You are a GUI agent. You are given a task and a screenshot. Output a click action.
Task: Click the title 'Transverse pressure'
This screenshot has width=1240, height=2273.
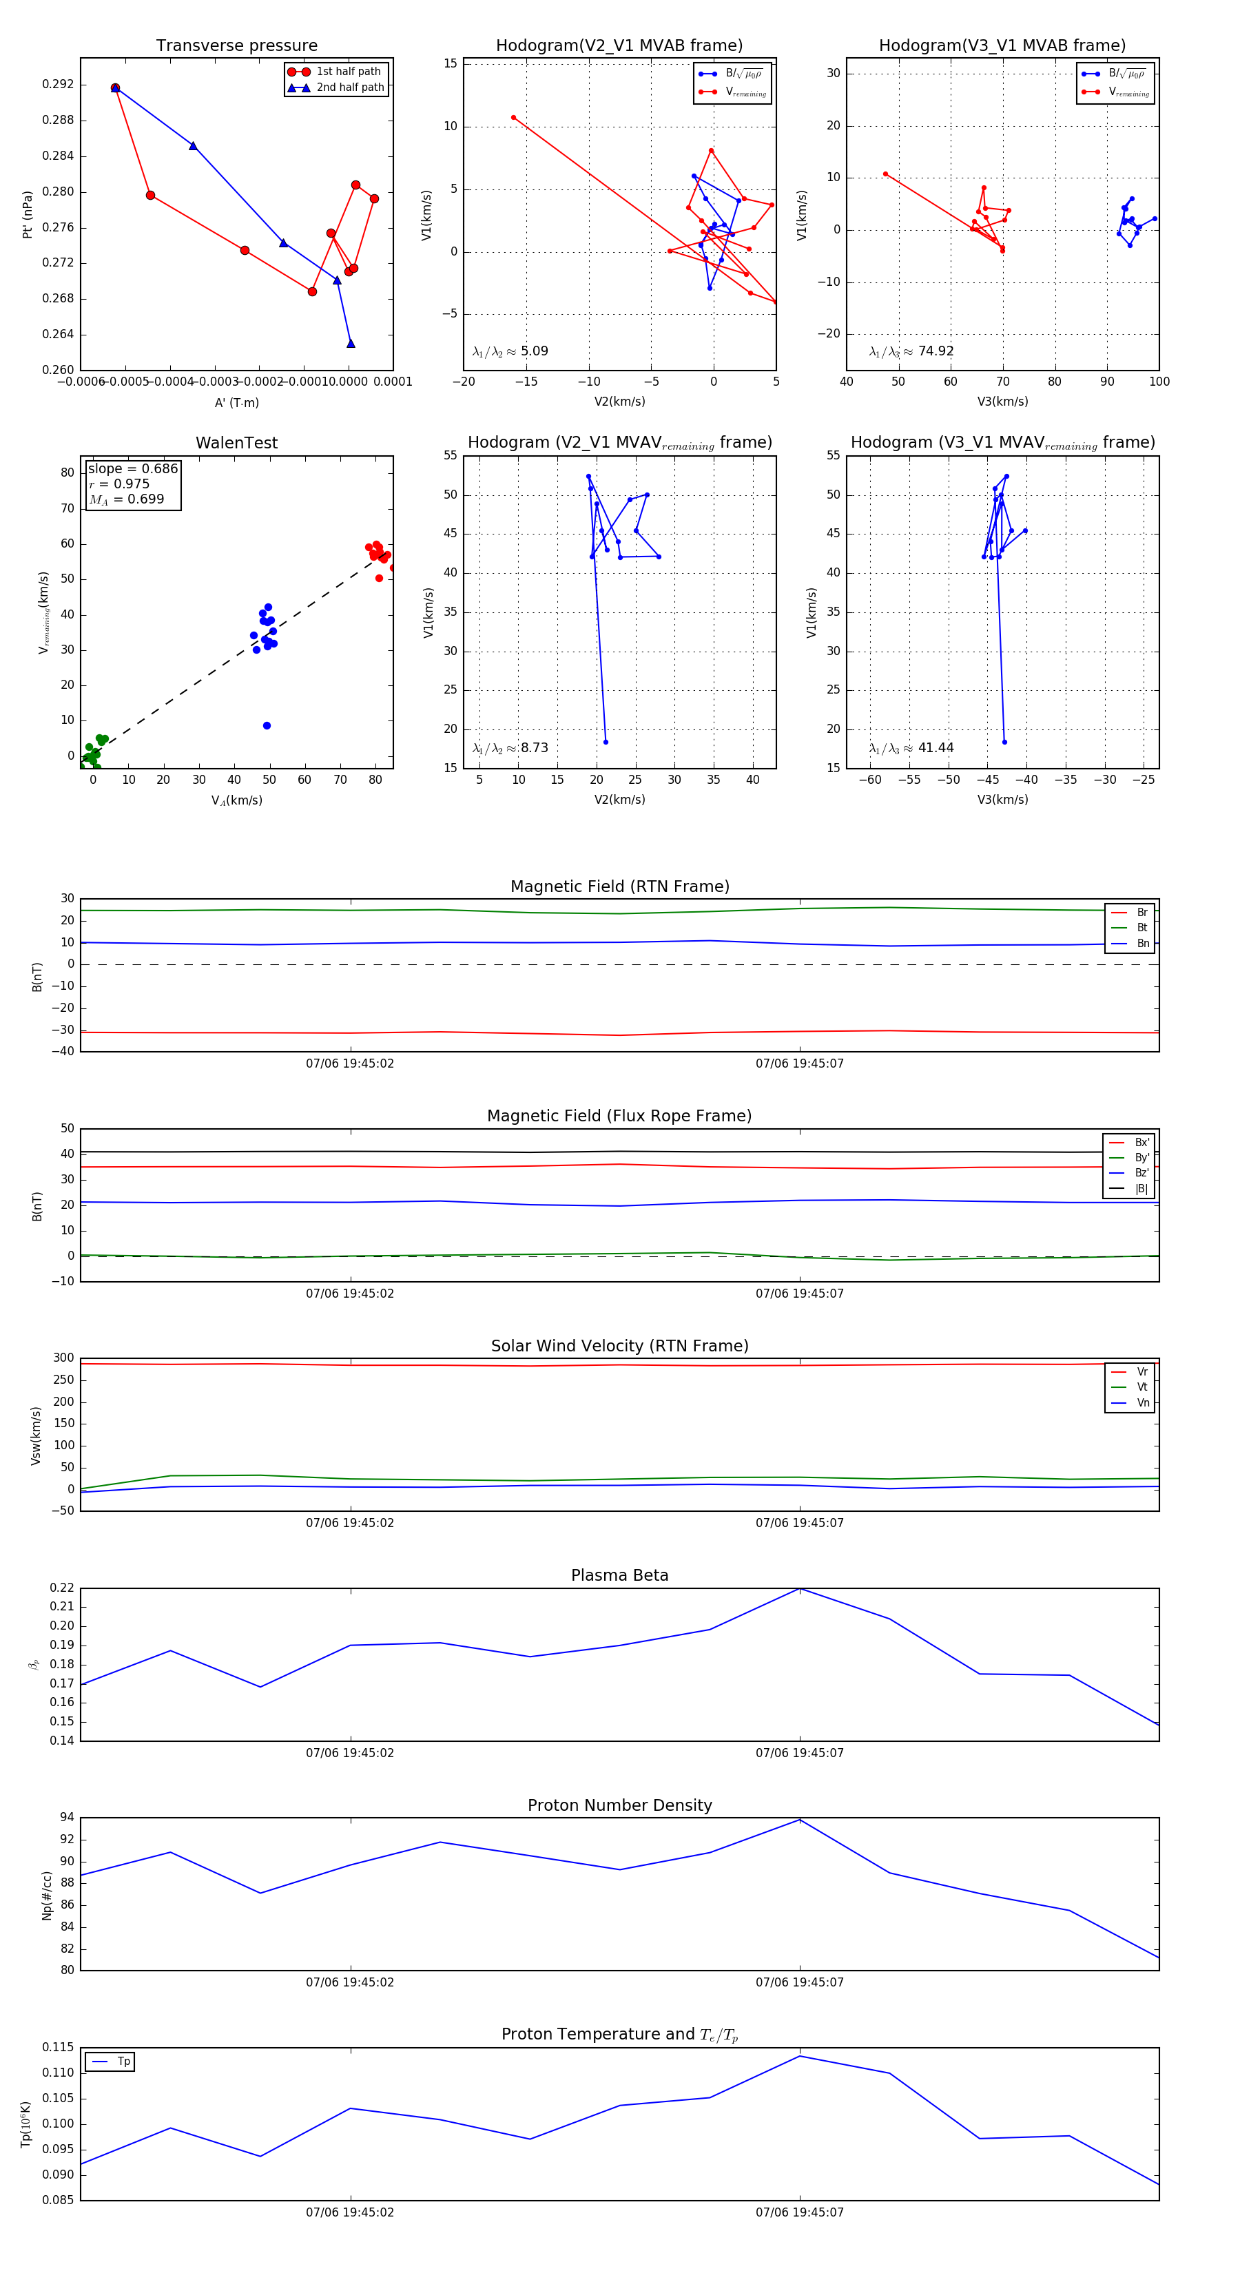(236, 46)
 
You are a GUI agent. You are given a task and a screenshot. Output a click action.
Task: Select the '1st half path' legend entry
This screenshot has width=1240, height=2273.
(348, 72)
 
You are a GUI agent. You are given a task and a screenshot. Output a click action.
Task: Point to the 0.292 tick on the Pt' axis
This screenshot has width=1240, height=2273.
(59, 85)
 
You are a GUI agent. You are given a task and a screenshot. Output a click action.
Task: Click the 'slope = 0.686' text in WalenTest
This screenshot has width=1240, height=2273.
(132, 468)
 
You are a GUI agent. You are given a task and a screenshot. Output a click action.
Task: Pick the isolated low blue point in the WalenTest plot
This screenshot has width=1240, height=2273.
(267, 725)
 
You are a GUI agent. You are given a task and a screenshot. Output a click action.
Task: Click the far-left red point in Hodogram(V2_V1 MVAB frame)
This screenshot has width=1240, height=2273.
(513, 117)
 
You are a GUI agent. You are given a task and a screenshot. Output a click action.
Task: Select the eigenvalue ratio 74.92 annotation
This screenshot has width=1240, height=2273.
(936, 351)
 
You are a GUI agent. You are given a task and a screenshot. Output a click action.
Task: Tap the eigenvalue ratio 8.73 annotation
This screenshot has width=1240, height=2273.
(534, 748)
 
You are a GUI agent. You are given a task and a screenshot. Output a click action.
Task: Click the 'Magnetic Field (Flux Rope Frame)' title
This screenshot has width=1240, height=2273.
(619, 1117)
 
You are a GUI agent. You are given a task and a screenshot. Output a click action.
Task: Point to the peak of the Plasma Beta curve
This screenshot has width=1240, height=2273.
(800, 1588)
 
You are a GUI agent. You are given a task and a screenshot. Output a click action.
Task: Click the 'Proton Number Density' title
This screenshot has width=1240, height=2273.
(619, 1805)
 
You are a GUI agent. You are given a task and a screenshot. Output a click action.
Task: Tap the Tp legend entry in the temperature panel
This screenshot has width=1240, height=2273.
(123, 2062)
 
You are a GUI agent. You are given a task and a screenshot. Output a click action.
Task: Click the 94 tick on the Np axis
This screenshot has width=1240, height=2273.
(67, 1818)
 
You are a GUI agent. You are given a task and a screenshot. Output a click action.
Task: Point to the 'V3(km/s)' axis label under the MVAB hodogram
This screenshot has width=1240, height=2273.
(1002, 402)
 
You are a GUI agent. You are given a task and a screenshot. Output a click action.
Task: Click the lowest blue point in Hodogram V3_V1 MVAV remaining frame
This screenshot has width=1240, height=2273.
(1004, 742)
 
